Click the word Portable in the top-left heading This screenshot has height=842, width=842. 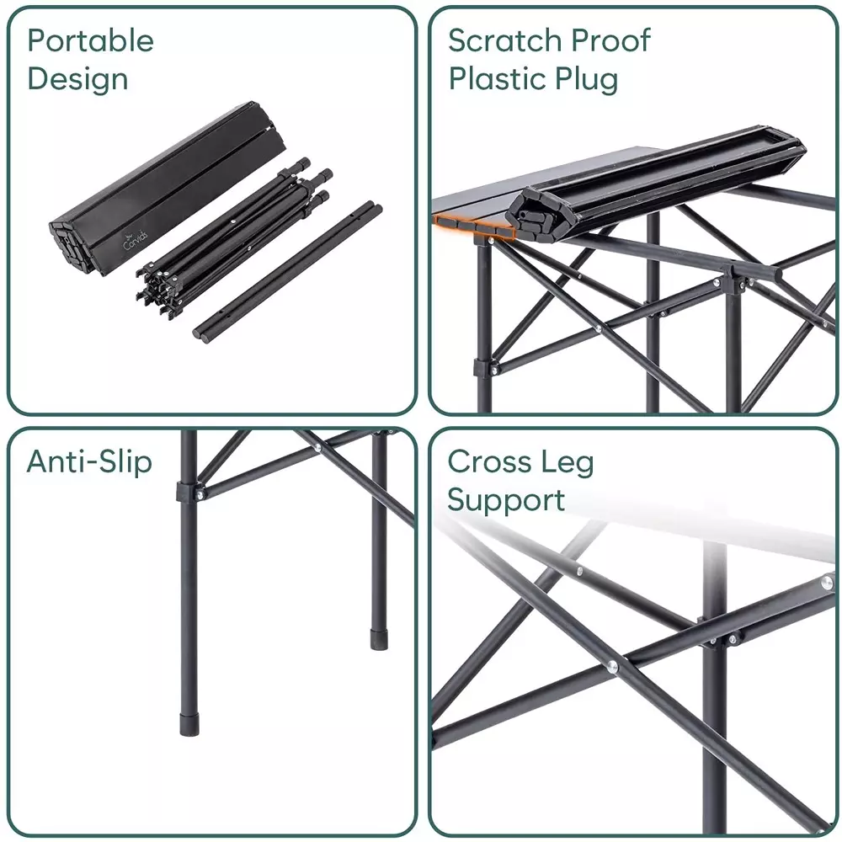(90, 40)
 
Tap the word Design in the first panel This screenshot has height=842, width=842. (77, 79)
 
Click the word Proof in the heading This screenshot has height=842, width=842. (610, 40)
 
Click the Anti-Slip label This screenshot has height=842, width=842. (89, 461)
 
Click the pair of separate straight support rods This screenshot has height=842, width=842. (288, 272)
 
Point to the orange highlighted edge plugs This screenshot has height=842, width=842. (474, 226)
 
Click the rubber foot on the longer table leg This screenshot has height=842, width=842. (189, 725)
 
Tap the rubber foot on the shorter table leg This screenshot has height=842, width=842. (379, 639)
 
